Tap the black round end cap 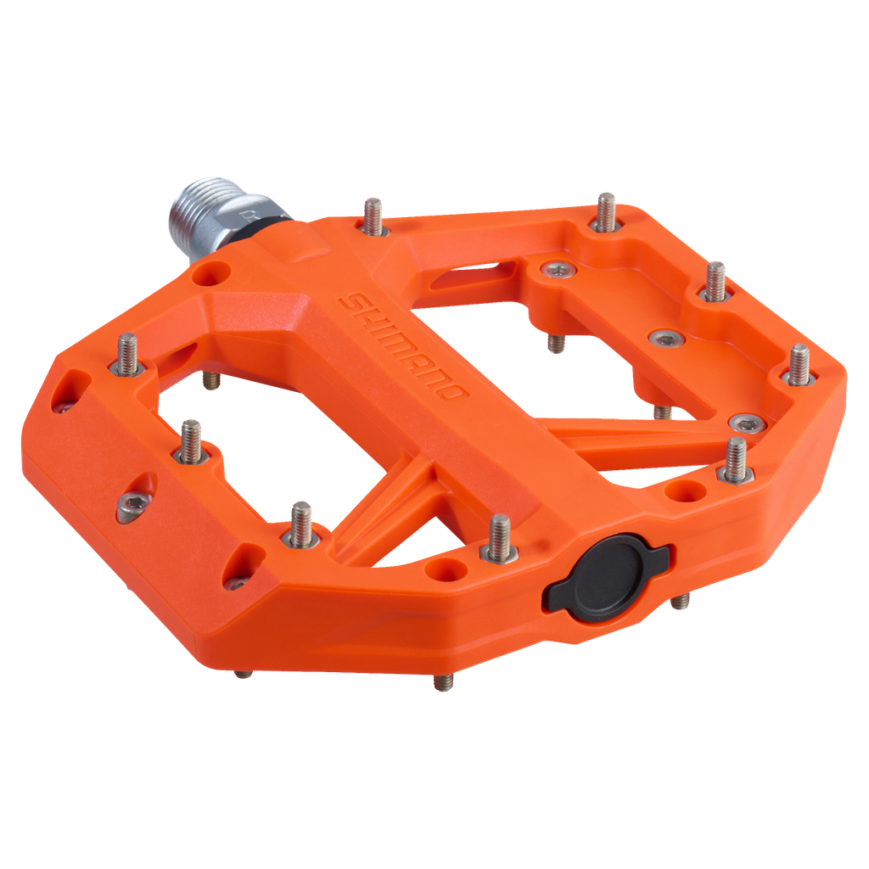[607, 574]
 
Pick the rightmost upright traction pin [799, 365]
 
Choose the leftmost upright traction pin [128, 351]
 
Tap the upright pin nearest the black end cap [498, 540]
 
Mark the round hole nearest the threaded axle [217, 272]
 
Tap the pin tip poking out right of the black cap [681, 603]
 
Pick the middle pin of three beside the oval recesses [190, 440]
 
